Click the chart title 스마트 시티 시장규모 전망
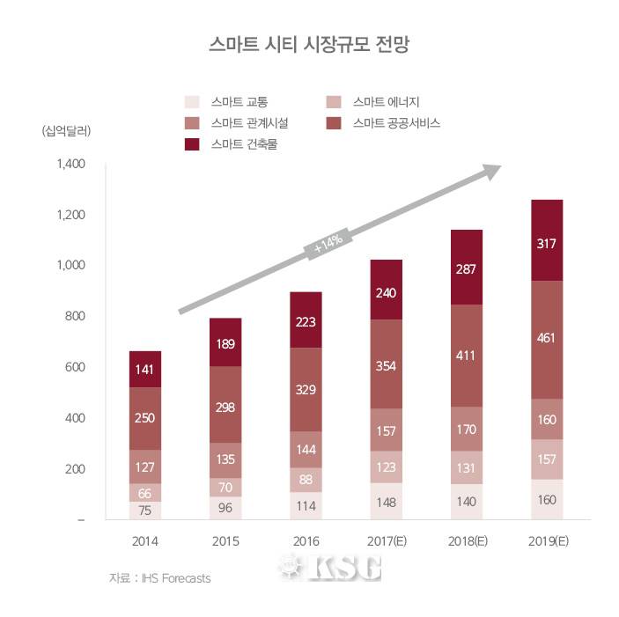click(x=308, y=44)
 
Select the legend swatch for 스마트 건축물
click(x=192, y=143)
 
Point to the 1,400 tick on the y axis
click(x=68, y=165)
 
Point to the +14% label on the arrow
click(x=328, y=246)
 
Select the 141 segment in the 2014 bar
click(x=145, y=370)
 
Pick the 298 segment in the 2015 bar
click(x=225, y=405)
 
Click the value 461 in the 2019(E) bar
click(x=546, y=339)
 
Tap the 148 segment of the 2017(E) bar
click(x=386, y=502)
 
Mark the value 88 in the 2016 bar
click(x=306, y=480)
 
